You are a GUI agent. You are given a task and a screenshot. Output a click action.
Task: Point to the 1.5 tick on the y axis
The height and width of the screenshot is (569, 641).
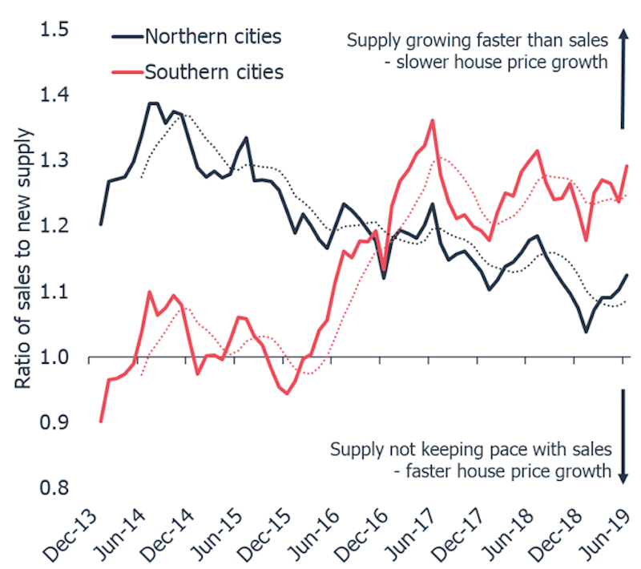tap(54, 30)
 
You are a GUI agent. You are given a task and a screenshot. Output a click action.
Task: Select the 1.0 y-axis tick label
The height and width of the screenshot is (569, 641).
tap(54, 357)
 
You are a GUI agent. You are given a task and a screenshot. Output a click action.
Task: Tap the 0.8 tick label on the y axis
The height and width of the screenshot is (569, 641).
tap(54, 489)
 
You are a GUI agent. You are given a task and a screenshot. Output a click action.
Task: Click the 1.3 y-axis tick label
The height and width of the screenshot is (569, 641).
tap(54, 161)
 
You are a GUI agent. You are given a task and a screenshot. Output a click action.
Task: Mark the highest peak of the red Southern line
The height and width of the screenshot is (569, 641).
tap(433, 120)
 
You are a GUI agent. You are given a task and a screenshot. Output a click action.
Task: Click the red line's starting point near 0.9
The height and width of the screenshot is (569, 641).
tap(101, 421)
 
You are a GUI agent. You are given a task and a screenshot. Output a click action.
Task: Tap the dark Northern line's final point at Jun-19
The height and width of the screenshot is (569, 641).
tap(626, 275)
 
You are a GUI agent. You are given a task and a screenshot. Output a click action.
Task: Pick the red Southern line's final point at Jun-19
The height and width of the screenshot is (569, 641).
tap(626, 166)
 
